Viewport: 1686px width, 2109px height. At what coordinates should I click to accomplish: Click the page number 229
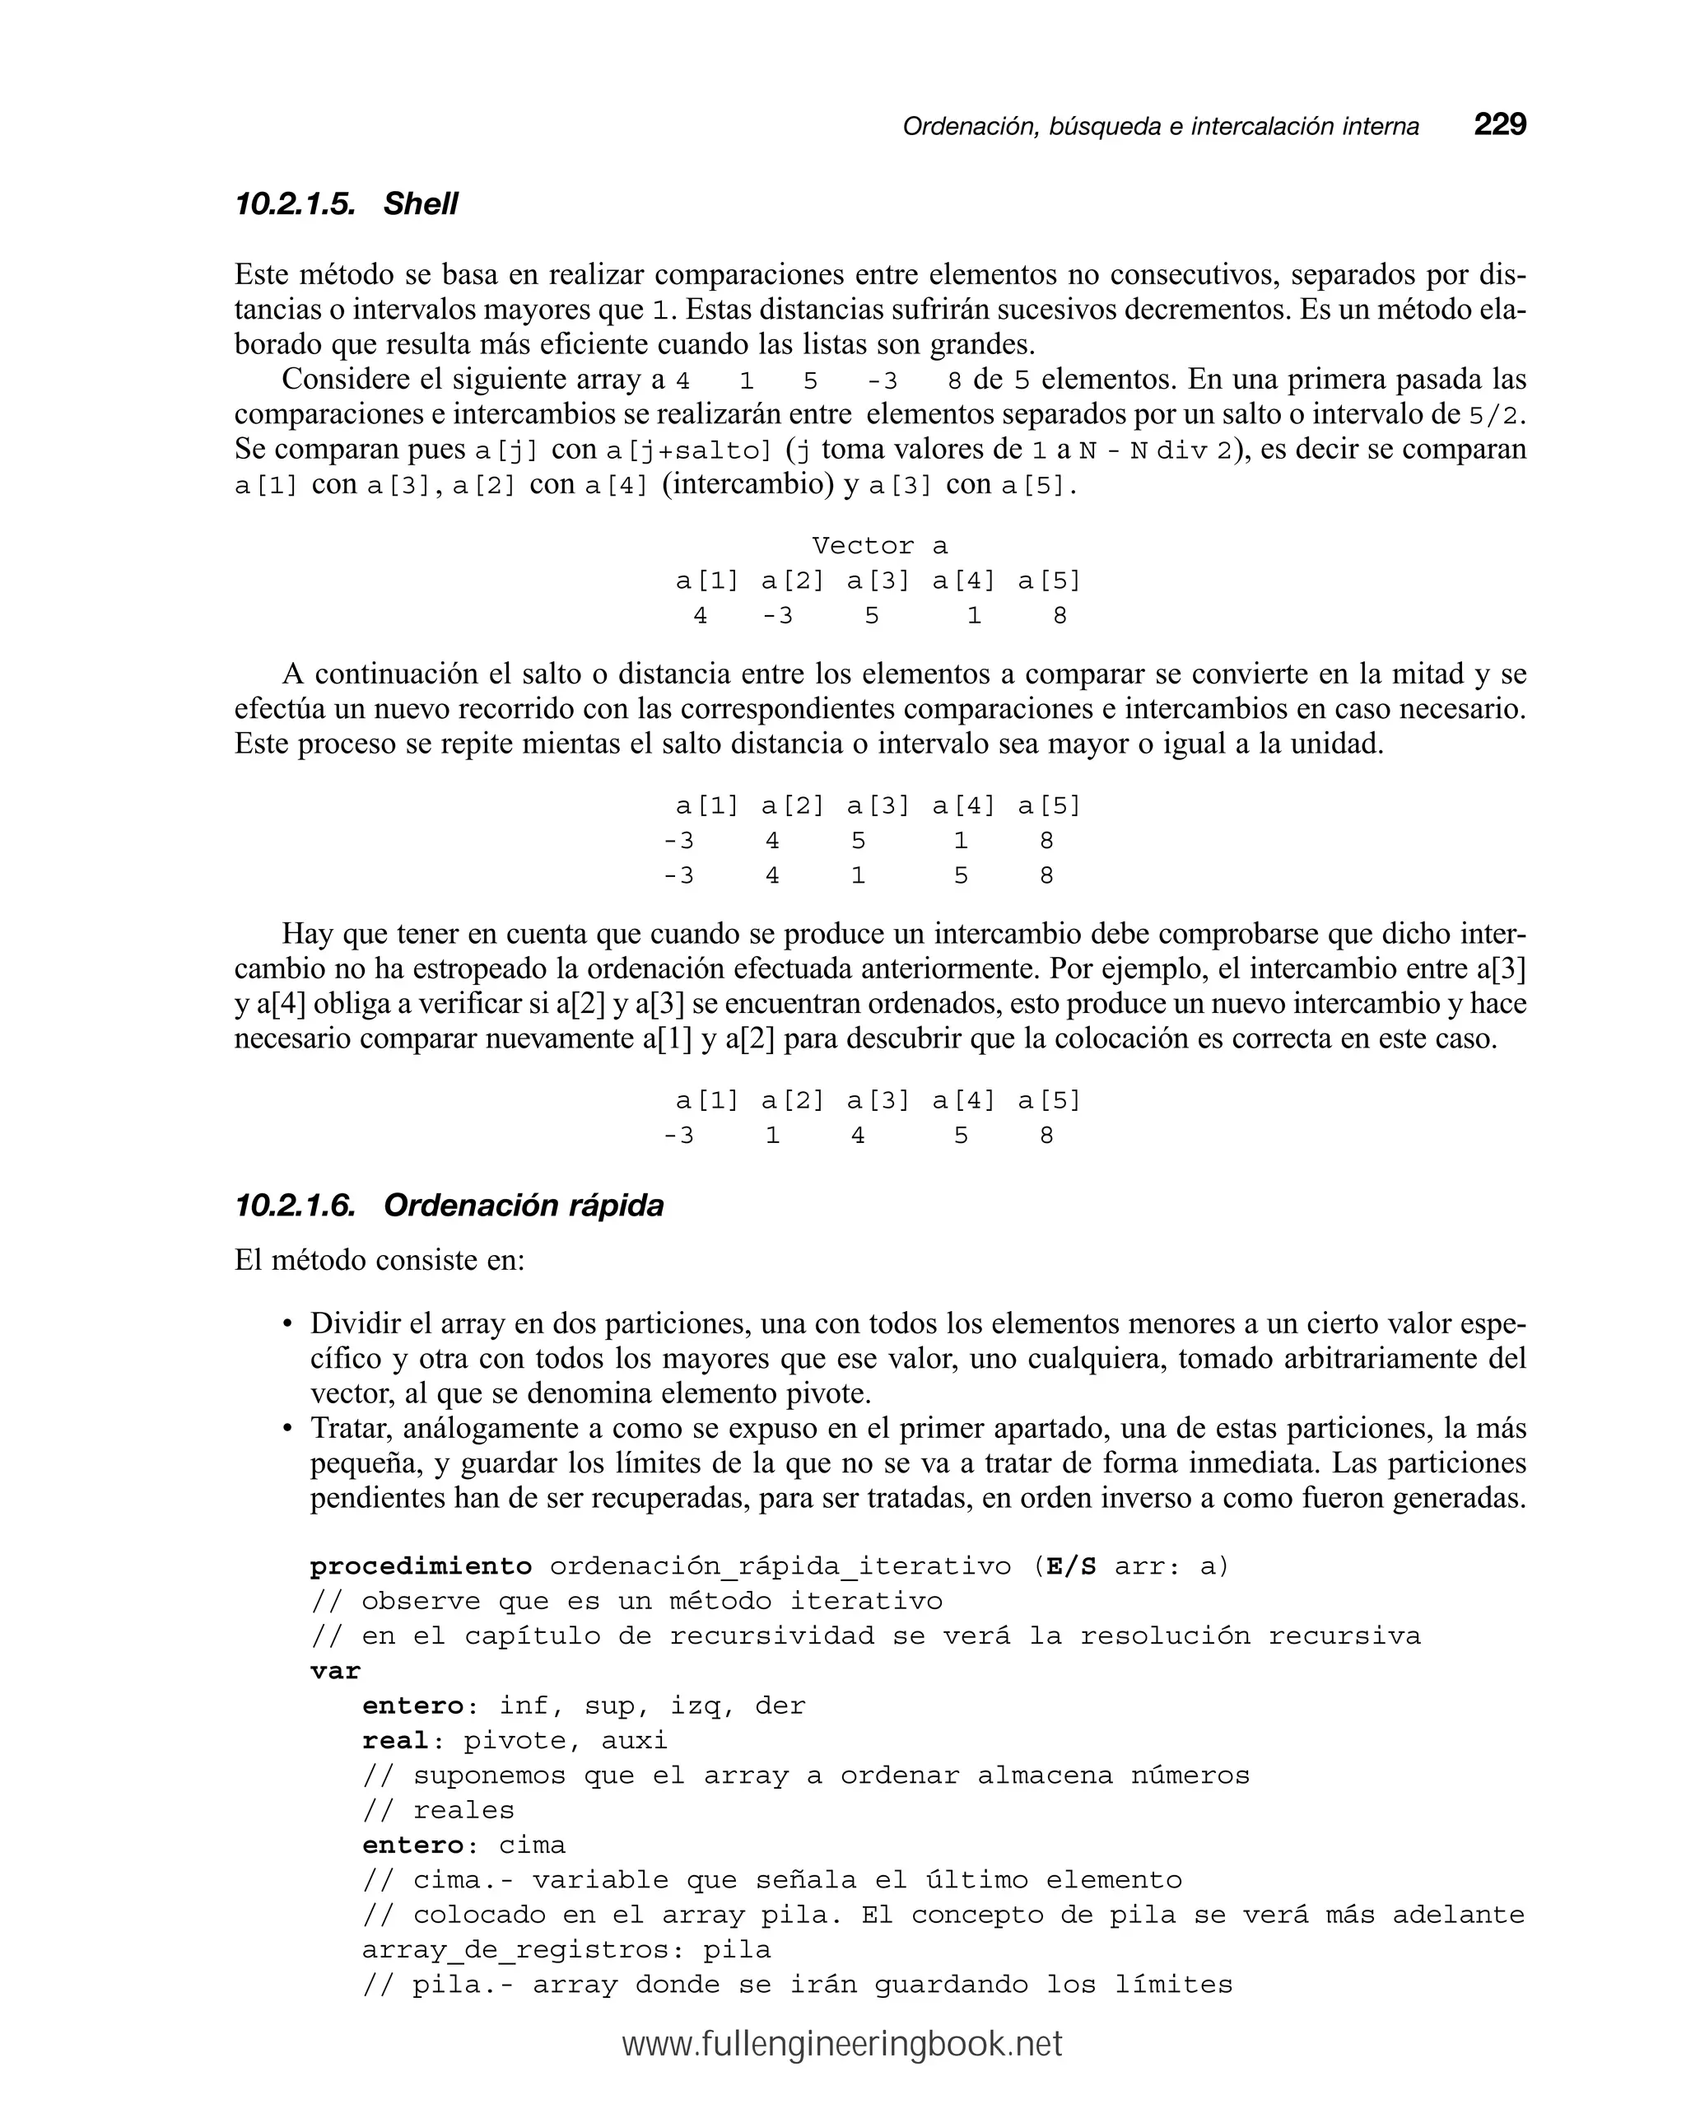tap(1499, 124)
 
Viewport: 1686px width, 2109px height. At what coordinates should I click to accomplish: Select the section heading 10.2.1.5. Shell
tap(347, 203)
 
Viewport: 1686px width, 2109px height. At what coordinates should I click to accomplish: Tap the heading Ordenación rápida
tap(524, 1205)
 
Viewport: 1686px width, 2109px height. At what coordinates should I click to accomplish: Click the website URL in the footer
tap(842, 2043)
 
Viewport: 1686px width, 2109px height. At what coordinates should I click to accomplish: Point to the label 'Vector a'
tap(879, 545)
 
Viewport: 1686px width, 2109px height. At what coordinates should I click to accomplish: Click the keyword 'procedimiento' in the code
tap(421, 1566)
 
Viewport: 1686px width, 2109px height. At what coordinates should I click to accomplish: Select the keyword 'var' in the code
tap(335, 1671)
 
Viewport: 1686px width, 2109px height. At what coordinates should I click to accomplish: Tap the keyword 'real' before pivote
tap(395, 1740)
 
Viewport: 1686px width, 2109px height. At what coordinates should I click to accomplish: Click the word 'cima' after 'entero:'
tap(532, 1845)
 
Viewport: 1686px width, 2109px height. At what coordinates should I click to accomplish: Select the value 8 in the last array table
tap(1046, 1136)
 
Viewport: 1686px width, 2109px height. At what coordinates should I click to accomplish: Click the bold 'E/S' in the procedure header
tap(1071, 1566)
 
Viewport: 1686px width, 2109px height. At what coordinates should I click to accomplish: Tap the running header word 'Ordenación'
tap(969, 126)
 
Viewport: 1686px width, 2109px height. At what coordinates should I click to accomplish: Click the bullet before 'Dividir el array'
tap(287, 1324)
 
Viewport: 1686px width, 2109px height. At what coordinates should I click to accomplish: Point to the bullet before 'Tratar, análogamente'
tap(287, 1429)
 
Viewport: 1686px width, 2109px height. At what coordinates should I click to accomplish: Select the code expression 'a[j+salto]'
tap(688, 451)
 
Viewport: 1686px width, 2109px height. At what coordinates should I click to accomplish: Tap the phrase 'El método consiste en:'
tap(380, 1260)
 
